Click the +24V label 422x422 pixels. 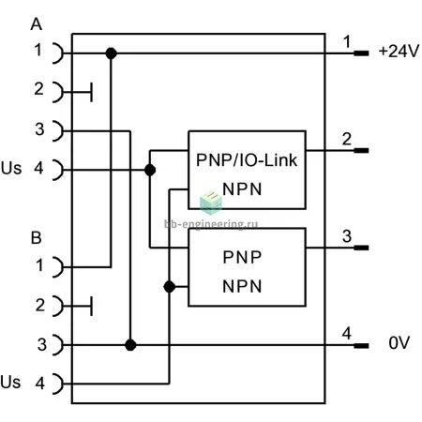tap(399, 51)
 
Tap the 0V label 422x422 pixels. tap(399, 343)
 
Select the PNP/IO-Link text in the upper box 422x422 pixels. tap(247, 160)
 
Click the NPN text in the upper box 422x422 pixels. tap(242, 189)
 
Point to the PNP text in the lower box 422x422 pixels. tap(242, 257)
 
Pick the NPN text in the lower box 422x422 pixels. tap(242, 286)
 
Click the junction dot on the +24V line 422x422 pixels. tap(111, 53)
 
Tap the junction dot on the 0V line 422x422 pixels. tap(130, 345)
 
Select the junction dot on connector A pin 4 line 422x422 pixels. tap(150, 171)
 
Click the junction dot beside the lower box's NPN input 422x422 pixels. tap(170, 287)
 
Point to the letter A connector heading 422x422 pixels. tap(37, 24)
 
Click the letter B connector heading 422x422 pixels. tap(37, 238)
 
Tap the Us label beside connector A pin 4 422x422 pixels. tap(11, 168)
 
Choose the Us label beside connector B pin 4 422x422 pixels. tap(10, 382)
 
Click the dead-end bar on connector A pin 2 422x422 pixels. tap(91, 92)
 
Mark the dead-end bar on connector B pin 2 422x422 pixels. tap(91, 306)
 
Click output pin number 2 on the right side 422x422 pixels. tap(347, 139)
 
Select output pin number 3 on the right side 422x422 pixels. tap(347, 236)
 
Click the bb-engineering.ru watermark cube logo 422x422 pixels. tap(211, 203)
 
